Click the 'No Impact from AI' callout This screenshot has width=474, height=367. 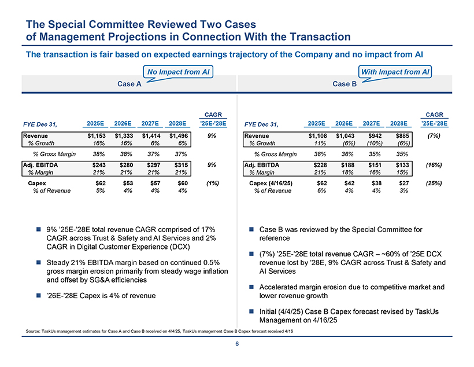(177, 72)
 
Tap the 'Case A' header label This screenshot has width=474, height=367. (129, 84)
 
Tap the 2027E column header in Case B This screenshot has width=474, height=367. (371, 123)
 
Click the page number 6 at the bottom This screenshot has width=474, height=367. (237, 344)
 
